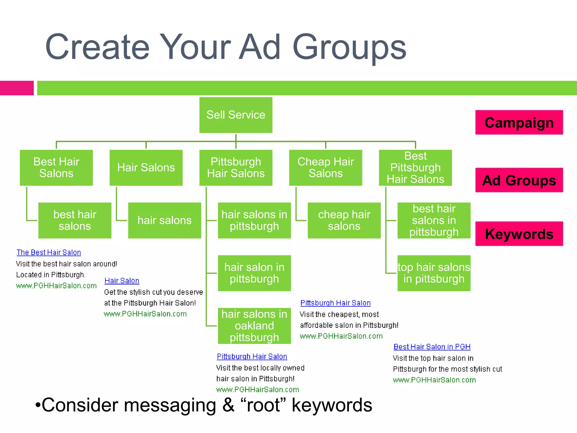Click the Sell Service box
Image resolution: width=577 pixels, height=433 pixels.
(x=236, y=115)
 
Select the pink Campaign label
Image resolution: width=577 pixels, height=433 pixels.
(x=519, y=122)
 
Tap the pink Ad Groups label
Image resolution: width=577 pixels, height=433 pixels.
(x=519, y=180)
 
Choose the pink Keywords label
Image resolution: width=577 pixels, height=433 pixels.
(x=519, y=234)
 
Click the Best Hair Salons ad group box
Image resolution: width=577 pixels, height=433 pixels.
(x=56, y=167)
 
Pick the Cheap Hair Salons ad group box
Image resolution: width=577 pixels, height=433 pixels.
(x=325, y=167)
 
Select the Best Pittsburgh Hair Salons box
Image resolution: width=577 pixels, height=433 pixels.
(x=415, y=167)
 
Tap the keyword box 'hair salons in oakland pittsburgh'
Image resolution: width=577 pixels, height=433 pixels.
(x=254, y=326)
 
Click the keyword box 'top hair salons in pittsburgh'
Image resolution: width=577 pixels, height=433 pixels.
(x=434, y=273)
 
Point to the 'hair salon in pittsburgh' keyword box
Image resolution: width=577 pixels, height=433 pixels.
(x=254, y=273)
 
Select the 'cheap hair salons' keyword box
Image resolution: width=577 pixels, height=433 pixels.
(x=344, y=220)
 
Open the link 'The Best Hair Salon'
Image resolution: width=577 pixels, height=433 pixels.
(x=49, y=252)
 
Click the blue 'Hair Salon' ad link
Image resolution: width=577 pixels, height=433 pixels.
(x=122, y=281)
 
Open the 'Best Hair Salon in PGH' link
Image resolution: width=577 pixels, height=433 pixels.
(x=432, y=347)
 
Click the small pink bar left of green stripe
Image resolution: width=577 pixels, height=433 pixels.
(x=17, y=88)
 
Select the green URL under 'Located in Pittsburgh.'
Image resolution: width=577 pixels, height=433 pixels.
(x=56, y=286)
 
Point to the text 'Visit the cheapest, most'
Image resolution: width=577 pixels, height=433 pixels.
(x=339, y=314)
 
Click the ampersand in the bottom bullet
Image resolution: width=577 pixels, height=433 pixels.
(x=228, y=405)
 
